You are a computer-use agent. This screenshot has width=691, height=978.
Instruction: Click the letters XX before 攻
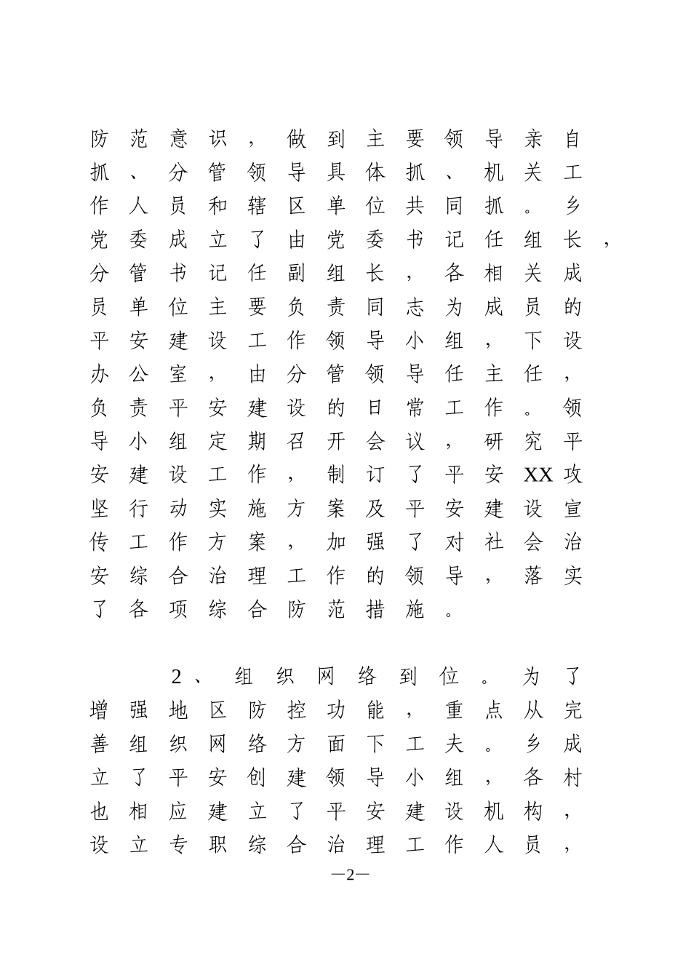[538, 475]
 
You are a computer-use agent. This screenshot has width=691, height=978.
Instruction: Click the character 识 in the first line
[217, 139]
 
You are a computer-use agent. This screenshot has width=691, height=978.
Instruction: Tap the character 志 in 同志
[415, 307]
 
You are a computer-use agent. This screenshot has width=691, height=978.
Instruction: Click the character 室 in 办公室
[178, 374]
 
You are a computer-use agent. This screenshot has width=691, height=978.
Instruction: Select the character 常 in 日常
[415, 407]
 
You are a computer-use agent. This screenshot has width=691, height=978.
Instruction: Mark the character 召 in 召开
[296, 442]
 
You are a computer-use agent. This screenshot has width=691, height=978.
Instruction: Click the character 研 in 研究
[493, 442]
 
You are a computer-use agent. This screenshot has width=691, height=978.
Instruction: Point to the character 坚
[100, 509]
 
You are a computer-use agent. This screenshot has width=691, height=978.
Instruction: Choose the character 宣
[572, 509]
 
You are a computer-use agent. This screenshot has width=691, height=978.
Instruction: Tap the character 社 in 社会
[493, 542]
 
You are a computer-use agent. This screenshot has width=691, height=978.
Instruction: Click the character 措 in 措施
[375, 609]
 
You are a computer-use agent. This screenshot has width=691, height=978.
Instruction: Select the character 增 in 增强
[100, 711]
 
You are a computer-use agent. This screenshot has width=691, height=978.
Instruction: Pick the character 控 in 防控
[296, 711]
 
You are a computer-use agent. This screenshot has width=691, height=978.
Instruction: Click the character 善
[100, 744]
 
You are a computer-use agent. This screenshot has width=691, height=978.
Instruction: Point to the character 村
[572, 778]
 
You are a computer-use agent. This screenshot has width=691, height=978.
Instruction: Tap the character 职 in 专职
[217, 845]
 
